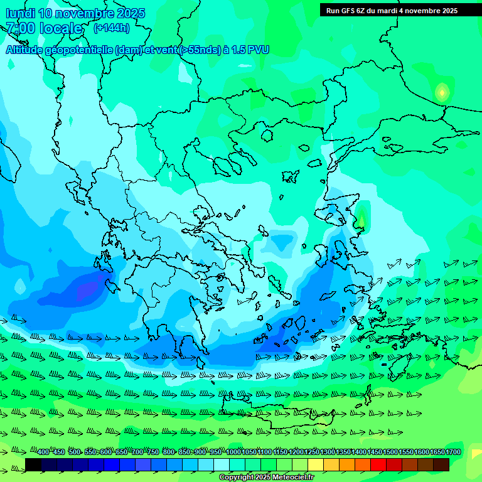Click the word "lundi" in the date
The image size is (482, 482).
[x=20, y=13]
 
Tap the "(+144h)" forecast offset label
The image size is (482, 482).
[x=111, y=28]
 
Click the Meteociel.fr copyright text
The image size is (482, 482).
[x=266, y=478]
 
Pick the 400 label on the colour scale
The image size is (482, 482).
[x=43, y=453]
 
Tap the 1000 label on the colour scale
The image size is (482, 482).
[x=233, y=453]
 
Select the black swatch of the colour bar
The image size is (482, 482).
[x=33, y=464]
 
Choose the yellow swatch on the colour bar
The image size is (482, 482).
[x=316, y=464]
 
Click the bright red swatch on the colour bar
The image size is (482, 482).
[x=378, y=464]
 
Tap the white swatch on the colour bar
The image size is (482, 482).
[x=222, y=464]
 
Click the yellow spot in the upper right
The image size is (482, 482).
[x=442, y=93]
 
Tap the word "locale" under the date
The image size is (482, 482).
[x=62, y=28]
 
